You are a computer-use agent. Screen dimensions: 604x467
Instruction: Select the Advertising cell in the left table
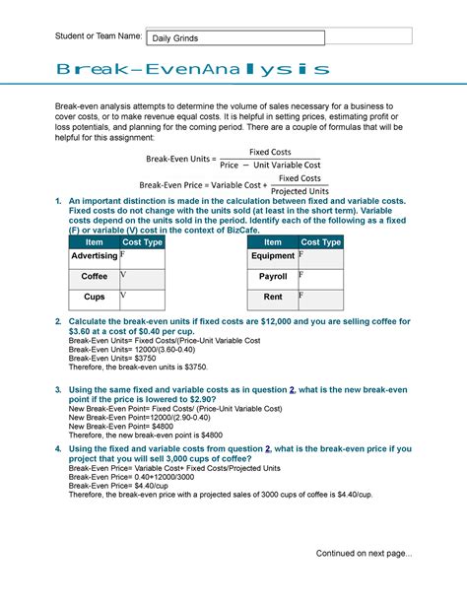(94, 256)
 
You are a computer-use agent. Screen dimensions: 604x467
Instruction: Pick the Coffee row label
(95, 277)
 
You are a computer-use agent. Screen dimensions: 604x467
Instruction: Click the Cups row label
(95, 297)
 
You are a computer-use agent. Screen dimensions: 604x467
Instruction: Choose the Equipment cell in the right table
(273, 256)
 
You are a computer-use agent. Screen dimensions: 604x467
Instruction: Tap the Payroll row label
(273, 277)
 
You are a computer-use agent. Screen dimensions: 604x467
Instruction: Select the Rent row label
(273, 297)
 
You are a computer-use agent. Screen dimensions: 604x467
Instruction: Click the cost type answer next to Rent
(320, 298)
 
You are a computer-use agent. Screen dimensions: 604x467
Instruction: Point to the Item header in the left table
(95, 242)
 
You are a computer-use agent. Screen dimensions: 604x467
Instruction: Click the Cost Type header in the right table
(321, 242)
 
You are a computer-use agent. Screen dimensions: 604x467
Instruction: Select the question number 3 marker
(58, 391)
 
